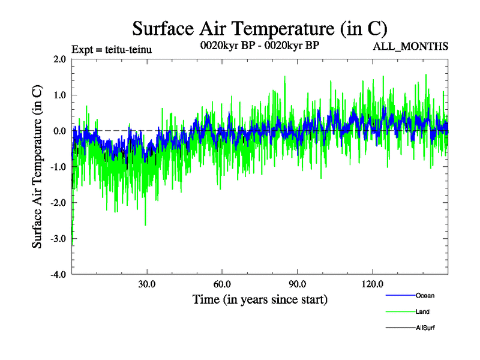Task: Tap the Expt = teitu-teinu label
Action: coord(111,49)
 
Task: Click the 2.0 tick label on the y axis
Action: coord(59,59)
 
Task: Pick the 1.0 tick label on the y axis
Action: coord(59,95)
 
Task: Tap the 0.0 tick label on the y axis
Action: coord(59,131)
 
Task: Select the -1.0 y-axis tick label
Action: coord(58,167)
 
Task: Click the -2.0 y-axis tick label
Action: coord(58,203)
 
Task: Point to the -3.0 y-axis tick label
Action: coord(58,239)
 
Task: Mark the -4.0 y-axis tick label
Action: coord(58,275)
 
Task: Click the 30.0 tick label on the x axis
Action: coord(147,284)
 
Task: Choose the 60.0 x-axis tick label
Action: coord(222,284)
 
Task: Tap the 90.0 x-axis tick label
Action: coord(298,284)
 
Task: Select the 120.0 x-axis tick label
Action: coord(373,284)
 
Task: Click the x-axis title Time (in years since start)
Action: coord(260,299)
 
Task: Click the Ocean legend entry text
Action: coord(425,295)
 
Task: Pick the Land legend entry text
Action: coord(422,311)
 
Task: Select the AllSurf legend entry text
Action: coord(425,328)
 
